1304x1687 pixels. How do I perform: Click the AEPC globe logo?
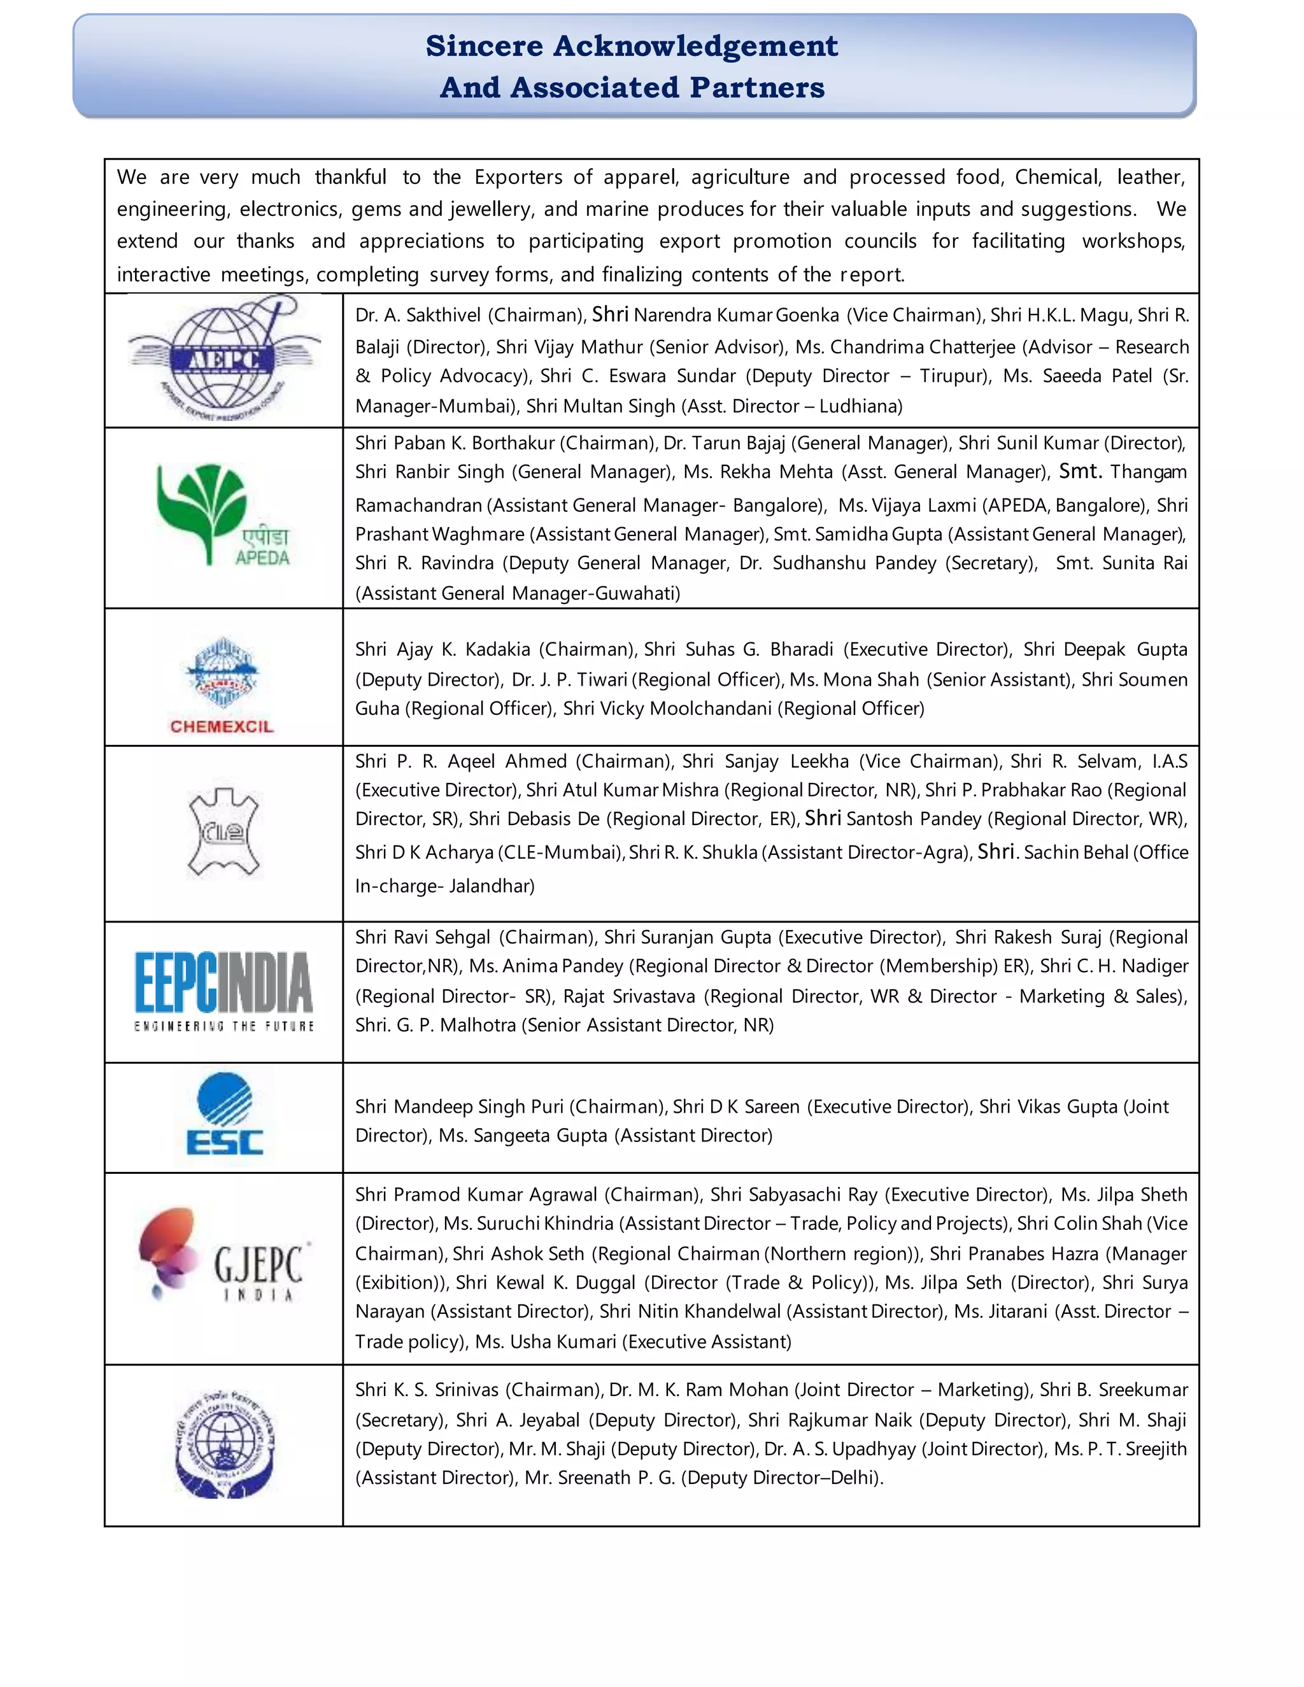[224, 360]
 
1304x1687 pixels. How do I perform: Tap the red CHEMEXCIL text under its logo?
[222, 727]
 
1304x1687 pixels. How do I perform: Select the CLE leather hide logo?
[224, 833]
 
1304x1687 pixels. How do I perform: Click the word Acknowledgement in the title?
[695, 46]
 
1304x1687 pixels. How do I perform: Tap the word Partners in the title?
[757, 87]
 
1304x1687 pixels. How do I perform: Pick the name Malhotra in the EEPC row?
[478, 1025]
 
